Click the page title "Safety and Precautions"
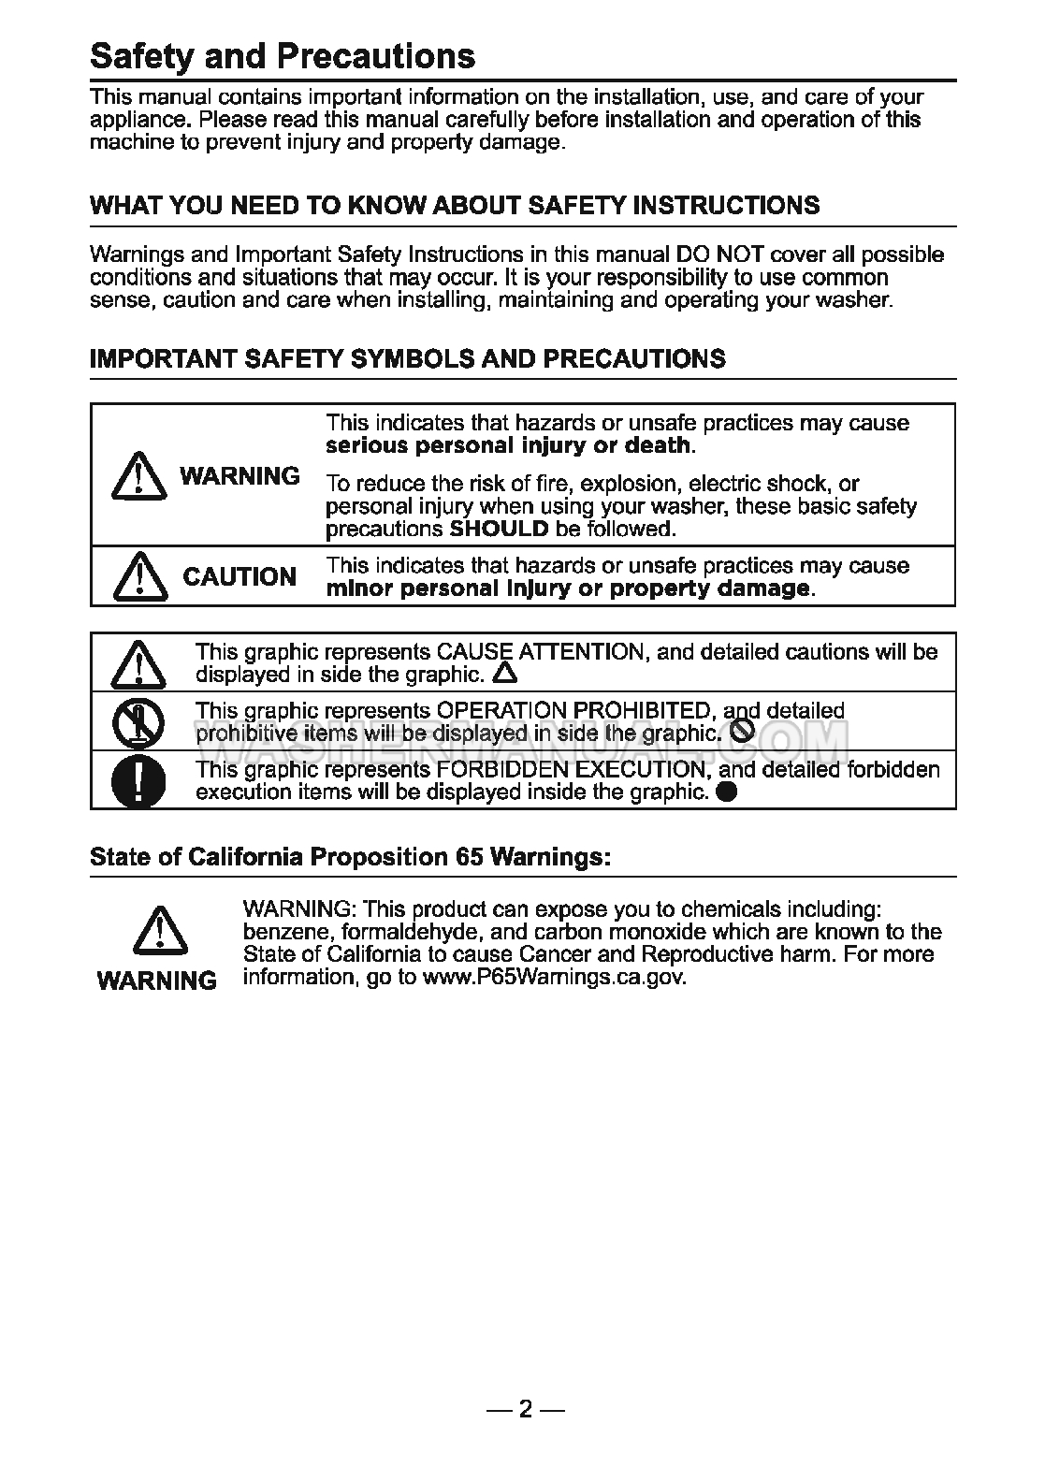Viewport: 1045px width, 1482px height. (x=283, y=57)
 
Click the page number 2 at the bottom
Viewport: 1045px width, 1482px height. (x=525, y=1409)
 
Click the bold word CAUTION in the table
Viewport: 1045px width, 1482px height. (x=239, y=577)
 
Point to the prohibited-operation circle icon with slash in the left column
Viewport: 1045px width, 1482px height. (x=138, y=721)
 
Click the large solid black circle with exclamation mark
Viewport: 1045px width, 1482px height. (x=138, y=780)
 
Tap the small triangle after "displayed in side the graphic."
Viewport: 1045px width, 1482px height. (x=504, y=673)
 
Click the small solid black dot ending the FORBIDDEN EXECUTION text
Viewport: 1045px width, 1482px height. (x=726, y=792)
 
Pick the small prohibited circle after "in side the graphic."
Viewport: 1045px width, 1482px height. (x=741, y=733)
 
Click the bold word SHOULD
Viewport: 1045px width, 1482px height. (x=500, y=529)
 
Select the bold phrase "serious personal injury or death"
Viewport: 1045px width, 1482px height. (x=508, y=445)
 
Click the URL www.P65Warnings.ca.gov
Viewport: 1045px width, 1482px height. (x=554, y=978)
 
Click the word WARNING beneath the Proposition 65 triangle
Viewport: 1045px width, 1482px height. (x=157, y=981)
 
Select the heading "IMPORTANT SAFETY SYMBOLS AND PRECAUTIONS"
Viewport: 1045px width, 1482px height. (x=407, y=359)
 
